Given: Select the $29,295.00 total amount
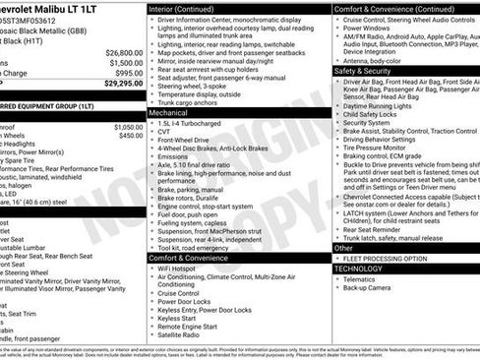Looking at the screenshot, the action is pos(122,84).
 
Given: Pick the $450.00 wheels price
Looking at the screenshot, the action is pos(130,137).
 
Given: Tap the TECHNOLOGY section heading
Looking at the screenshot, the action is pos(358,269).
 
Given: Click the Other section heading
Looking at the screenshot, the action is pos(342,248).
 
